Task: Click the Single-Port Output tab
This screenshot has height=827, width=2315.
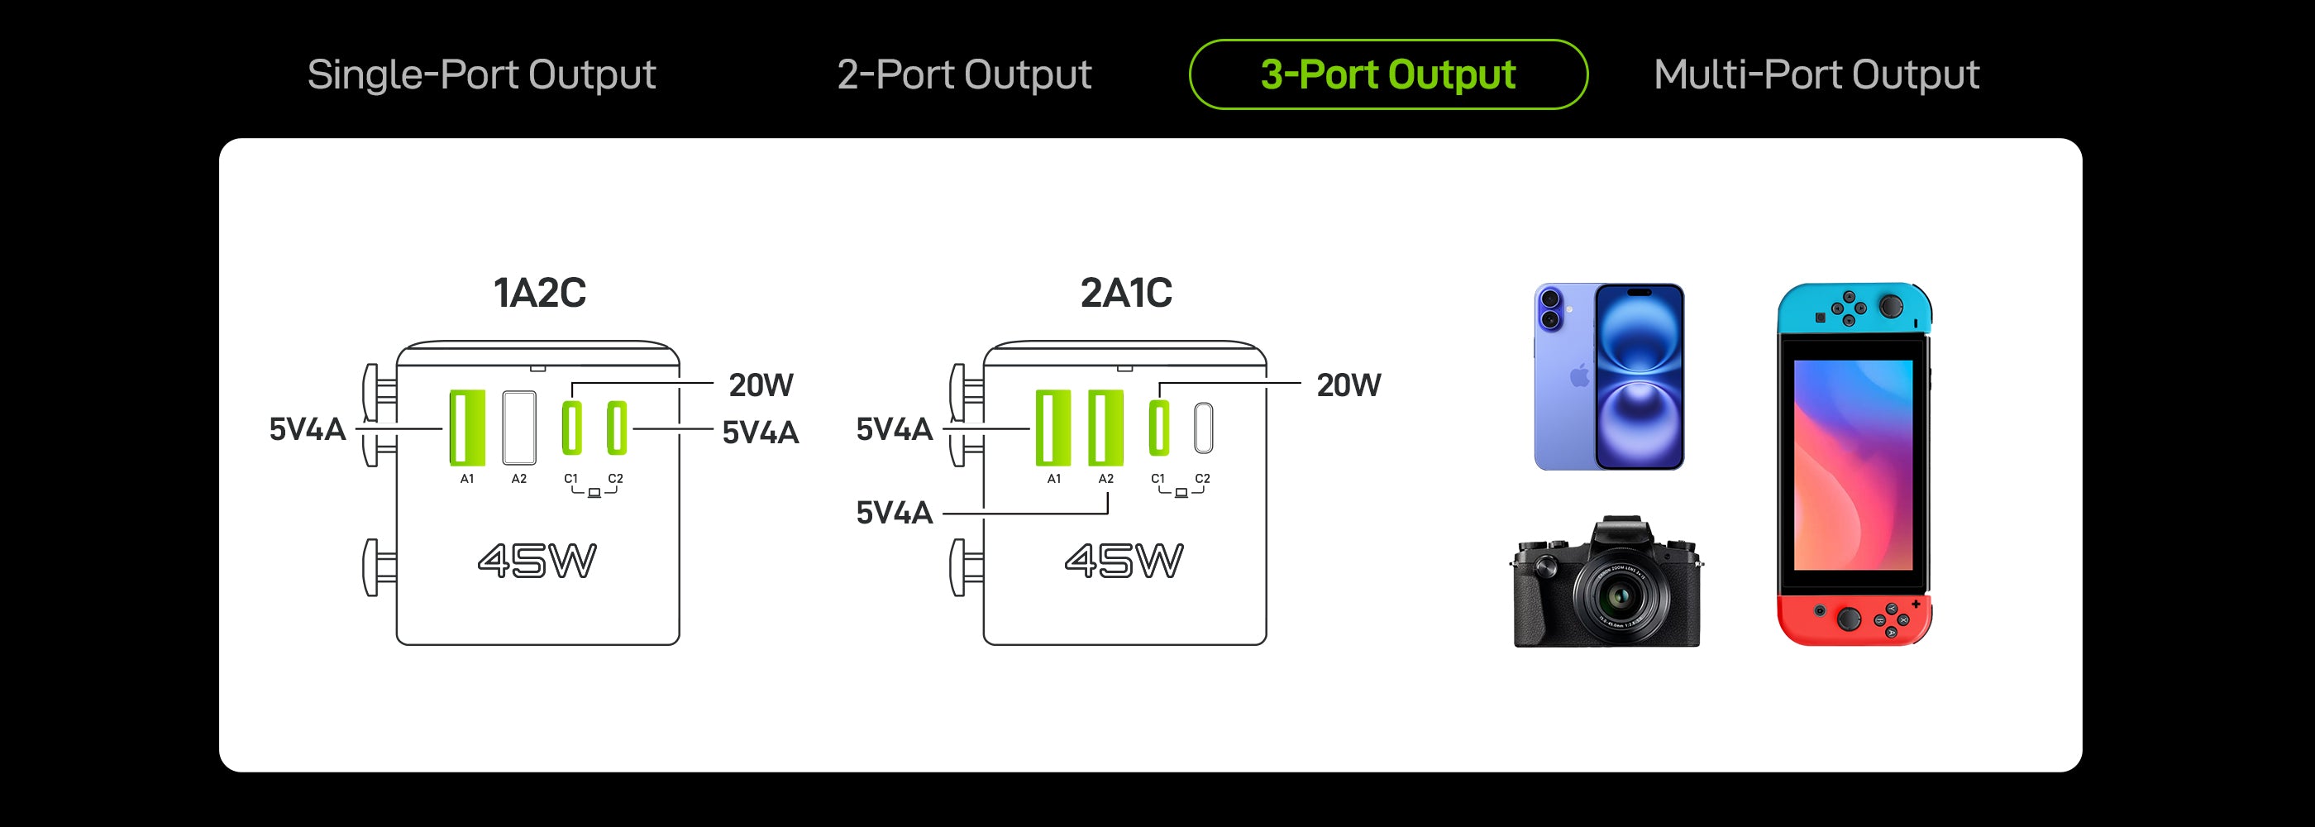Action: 481,74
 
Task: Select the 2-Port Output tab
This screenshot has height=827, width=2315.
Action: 963,74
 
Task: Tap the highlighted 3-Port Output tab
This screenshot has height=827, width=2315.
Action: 1387,74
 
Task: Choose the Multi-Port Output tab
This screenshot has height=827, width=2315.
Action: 1816,74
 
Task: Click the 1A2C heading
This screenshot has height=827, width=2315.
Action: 539,293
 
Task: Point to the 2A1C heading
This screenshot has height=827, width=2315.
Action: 1126,293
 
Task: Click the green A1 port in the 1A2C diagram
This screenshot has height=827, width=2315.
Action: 466,428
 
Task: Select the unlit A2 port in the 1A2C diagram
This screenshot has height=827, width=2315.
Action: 518,428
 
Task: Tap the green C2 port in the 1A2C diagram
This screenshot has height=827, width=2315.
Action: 616,428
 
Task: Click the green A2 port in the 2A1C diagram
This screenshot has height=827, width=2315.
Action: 1105,428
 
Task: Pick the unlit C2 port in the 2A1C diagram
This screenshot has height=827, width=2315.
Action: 1203,428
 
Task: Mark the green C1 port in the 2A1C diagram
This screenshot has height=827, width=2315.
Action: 1159,428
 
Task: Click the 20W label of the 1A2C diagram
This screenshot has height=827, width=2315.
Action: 761,385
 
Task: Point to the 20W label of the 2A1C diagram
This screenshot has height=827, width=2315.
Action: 1348,385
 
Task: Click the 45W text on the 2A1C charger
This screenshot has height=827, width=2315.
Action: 1124,561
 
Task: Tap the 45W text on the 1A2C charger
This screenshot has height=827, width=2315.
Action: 537,561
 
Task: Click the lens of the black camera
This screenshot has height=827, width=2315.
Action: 1620,595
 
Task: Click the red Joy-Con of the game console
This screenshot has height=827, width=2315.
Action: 1854,619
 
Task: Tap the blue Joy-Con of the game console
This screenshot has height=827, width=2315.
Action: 1854,308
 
